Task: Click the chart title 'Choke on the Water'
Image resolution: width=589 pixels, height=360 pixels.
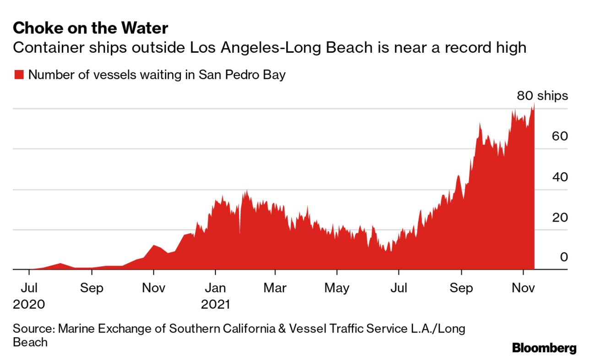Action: click(90, 28)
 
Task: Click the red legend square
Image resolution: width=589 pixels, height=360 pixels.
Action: click(19, 75)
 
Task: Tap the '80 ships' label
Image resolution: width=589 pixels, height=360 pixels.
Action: click(542, 96)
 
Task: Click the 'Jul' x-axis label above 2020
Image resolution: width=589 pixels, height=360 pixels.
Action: click(29, 288)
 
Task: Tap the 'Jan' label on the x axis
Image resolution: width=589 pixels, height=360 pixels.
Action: click(215, 288)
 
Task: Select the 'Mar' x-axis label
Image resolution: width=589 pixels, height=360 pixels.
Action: click(275, 288)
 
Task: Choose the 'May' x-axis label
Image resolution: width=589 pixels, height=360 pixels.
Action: click(337, 288)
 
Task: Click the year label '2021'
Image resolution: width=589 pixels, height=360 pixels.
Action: click(215, 304)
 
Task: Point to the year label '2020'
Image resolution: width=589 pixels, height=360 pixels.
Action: click(29, 304)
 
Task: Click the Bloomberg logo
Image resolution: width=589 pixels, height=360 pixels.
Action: click(544, 348)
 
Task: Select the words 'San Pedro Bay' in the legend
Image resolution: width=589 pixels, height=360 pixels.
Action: click(242, 75)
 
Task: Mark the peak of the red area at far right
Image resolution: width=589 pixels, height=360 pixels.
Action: click(534, 104)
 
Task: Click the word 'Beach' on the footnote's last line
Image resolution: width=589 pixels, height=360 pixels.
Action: click(30, 342)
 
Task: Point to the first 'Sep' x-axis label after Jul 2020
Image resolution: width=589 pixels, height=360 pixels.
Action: click(92, 288)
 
